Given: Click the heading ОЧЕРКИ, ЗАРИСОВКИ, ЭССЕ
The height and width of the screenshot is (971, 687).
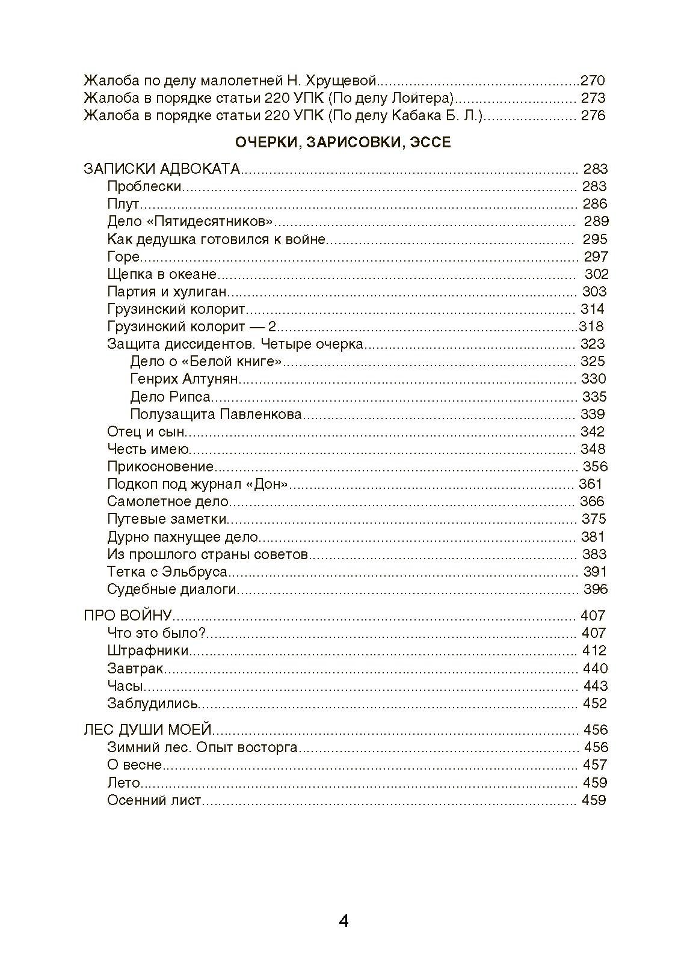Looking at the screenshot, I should [343, 142].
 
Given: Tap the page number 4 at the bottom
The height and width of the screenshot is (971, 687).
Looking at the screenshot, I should [343, 920].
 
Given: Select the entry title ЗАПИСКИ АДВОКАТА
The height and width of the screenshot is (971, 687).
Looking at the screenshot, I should [162, 169].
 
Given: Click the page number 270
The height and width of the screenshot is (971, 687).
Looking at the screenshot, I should [593, 81].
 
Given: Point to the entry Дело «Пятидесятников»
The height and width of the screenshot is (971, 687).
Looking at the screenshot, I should [190, 221].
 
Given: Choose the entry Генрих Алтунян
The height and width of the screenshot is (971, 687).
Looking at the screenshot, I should [184, 379].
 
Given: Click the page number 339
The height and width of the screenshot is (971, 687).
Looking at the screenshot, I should [593, 414].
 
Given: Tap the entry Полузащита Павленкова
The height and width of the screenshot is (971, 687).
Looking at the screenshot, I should [216, 414].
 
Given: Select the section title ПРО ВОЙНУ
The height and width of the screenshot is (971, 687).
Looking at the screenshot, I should [128, 616].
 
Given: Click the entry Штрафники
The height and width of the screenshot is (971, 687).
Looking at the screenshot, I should [148, 651].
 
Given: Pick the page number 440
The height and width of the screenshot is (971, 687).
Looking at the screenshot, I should [595, 668].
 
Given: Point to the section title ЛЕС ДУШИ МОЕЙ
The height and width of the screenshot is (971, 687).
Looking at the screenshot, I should [148, 730].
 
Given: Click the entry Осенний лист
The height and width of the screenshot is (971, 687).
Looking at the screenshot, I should [155, 800].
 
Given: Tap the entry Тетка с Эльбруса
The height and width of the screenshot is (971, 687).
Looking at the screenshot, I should [167, 572].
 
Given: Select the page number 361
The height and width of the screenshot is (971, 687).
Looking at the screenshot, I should [590, 484].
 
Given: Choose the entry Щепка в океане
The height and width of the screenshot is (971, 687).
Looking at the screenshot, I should [162, 274].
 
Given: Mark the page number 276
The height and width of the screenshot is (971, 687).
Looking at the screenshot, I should [593, 115].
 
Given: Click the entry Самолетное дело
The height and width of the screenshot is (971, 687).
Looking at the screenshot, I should [168, 501].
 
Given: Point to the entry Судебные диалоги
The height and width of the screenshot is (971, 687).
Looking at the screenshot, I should [172, 589].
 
